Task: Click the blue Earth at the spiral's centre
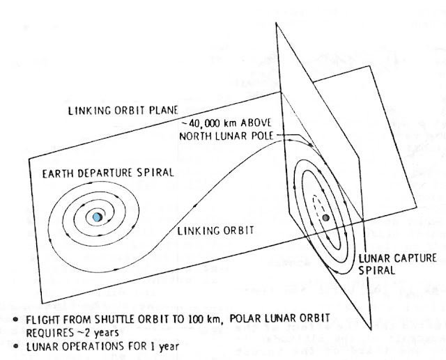pyautogui.click(x=96, y=217)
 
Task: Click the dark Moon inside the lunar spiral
pyautogui.click(x=326, y=219)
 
